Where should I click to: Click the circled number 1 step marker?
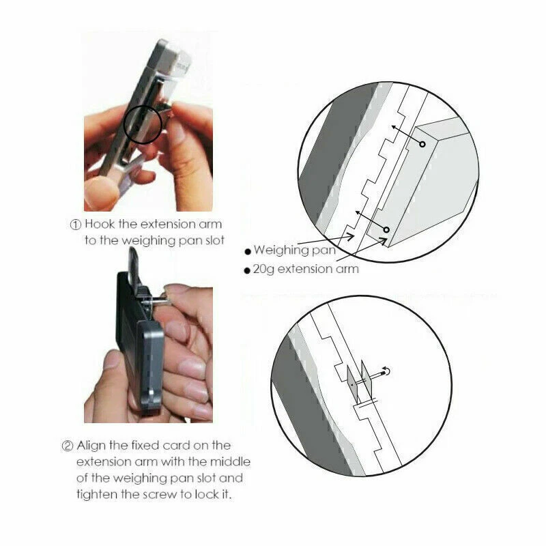pos(76,225)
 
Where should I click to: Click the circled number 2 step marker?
pos(67,446)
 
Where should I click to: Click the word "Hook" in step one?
pos(100,224)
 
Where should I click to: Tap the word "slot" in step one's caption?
pos(212,240)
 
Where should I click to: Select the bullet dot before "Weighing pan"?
pos(248,251)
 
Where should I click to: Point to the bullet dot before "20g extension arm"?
pos(247,270)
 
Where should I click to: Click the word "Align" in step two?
pos(91,446)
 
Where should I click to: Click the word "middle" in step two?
pos(230,461)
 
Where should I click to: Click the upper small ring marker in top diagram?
pos(422,144)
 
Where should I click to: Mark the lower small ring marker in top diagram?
pos(386,230)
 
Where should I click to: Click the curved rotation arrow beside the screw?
pos(386,371)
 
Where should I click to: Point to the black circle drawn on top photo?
pos(124,125)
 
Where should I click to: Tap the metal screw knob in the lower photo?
pos(158,301)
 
